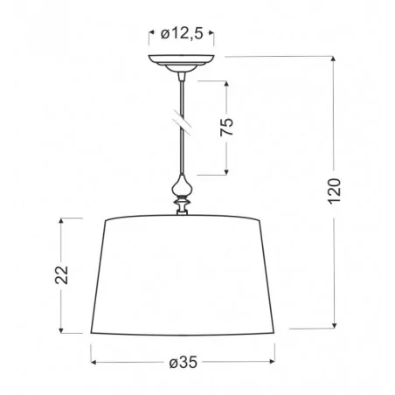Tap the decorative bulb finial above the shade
[x=184, y=185]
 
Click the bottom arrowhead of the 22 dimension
[x=61, y=331]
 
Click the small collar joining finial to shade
[x=184, y=206]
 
